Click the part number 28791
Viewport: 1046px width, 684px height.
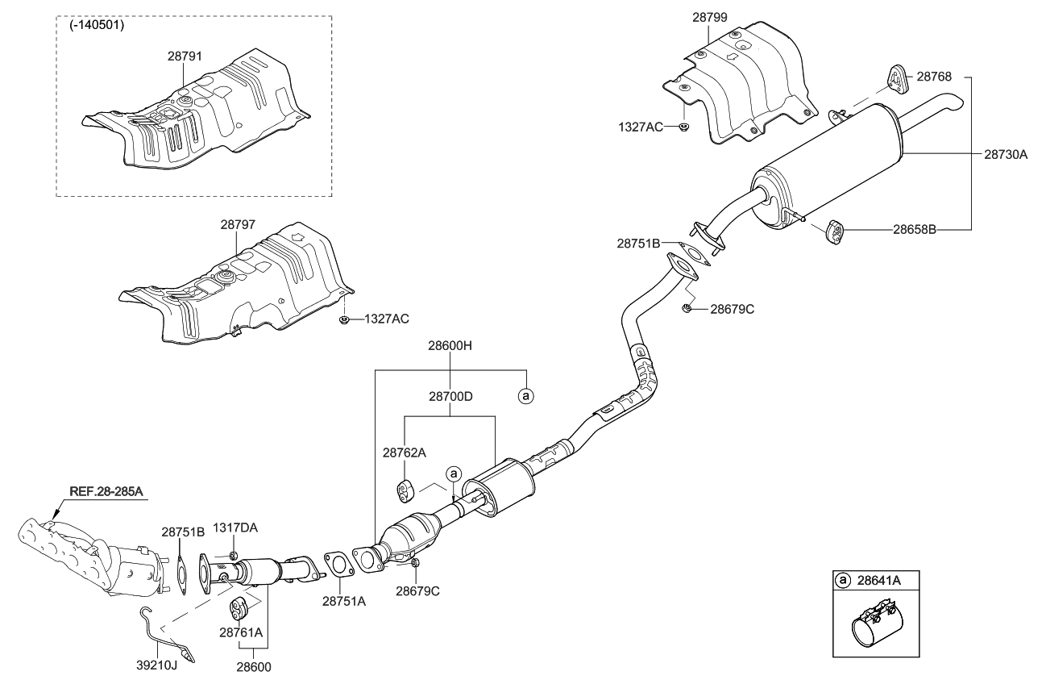pyautogui.click(x=185, y=56)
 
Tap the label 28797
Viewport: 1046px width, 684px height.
pyautogui.click(x=239, y=224)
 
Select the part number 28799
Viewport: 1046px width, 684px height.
pyautogui.click(x=710, y=17)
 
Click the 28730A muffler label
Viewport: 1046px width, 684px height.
pyautogui.click(x=1006, y=154)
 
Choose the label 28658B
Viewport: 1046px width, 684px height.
pyautogui.click(x=915, y=230)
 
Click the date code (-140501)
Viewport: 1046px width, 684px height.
pyautogui.click(x=97, y=25)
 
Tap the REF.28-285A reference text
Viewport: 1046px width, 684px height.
pyautogui.click(x=106, y=491)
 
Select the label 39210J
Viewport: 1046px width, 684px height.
pyautogui.click(x=157, y=665)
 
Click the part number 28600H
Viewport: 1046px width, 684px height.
pyautogui.click(x=450, y=345)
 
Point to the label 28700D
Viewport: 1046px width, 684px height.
pyautogui.click(x=450, y=397)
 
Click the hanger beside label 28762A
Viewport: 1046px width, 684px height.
pyautogui.click(x=405, y=490)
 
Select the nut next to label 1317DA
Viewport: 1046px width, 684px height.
pyautogui.click(x=234, y=555)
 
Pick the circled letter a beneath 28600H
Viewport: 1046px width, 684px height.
pyautogui.click(x=526, y=397)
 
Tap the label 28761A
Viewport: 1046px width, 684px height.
pyautogui.click(x=241, y=632)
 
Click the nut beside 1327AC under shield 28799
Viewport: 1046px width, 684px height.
pyautogui.click(x=683, y=127)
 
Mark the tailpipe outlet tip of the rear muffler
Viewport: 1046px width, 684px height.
pyautogui.click(x=957, y=105)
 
